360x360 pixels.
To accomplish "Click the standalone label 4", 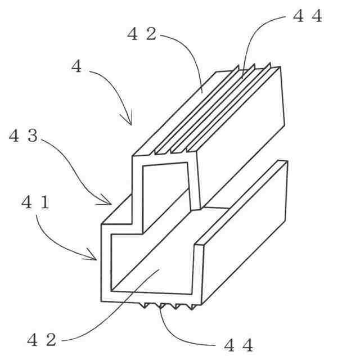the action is pos(76,67).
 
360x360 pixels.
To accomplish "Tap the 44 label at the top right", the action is pos(308,16).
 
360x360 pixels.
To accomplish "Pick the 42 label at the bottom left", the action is pos(42,340).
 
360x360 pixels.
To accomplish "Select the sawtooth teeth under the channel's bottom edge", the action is pos(169,307).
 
